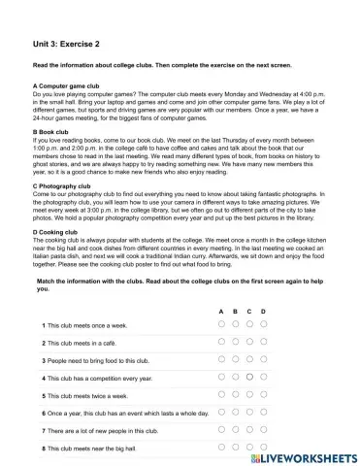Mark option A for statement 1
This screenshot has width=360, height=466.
(x=221, y=324)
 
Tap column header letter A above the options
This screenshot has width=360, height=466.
(x=221, y=310)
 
